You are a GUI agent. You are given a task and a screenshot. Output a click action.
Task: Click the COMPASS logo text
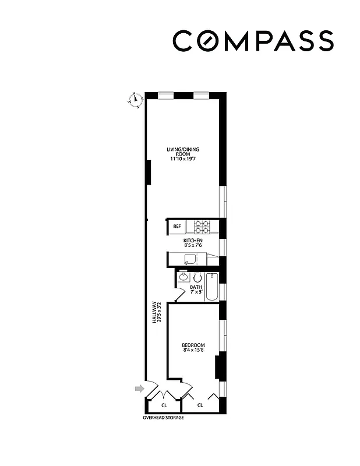253,41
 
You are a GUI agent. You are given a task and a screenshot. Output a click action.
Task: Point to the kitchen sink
190,259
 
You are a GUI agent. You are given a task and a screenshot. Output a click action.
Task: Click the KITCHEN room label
193,241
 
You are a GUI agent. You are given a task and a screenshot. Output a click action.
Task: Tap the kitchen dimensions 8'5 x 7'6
193,246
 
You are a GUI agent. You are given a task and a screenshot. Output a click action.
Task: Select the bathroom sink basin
182,277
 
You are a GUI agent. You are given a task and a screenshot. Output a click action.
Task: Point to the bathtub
212,286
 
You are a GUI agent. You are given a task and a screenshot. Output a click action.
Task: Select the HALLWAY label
154,312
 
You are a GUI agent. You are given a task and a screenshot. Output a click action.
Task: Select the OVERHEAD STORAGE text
163,418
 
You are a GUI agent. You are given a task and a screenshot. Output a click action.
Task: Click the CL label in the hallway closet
164,405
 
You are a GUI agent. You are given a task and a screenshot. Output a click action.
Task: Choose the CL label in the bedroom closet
200,405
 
